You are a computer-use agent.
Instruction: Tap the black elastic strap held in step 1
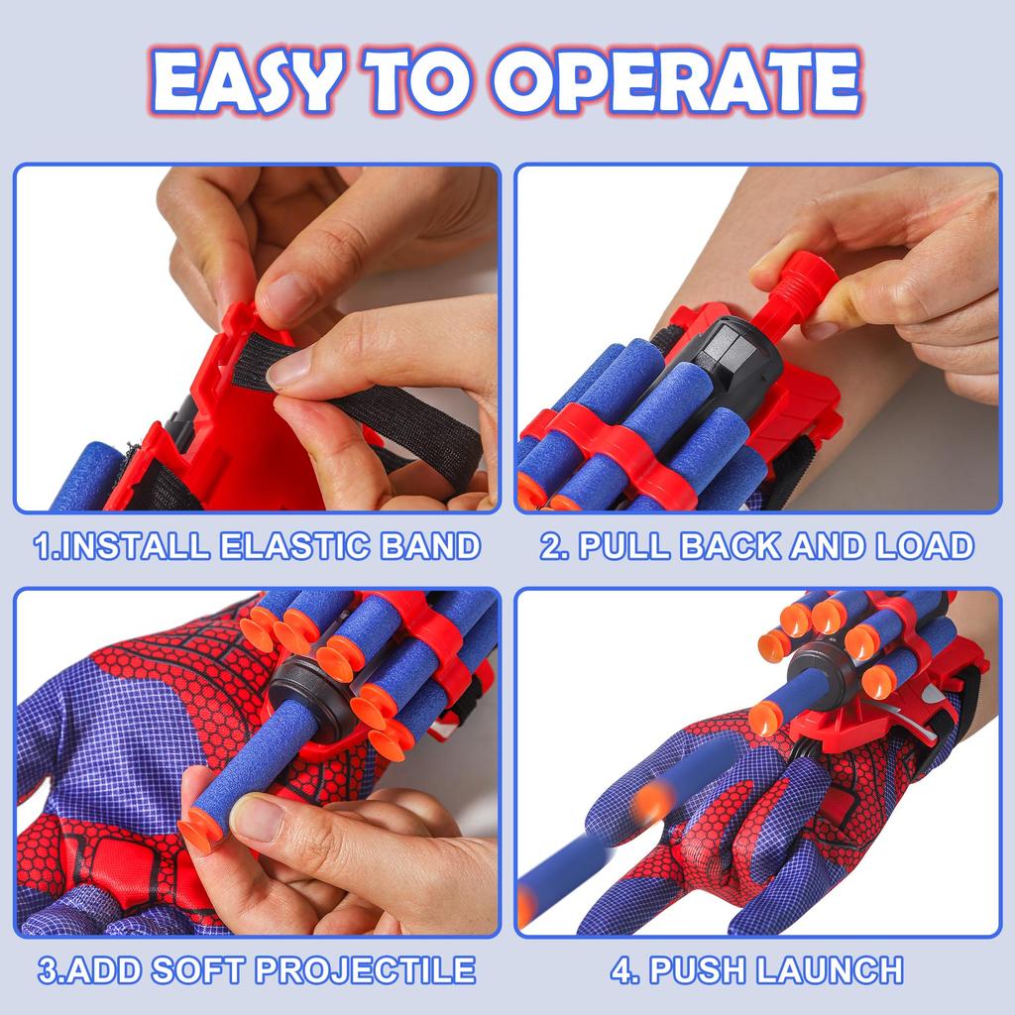[396, 416]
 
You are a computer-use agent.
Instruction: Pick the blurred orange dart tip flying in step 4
[652, 801]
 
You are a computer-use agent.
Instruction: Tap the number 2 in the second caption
[549, 546]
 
